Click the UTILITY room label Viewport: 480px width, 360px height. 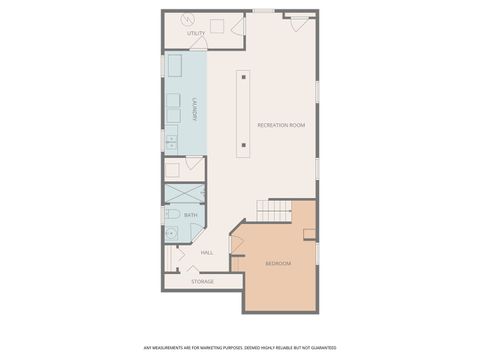(x=196, y=34)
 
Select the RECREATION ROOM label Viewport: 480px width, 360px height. (x=281, y=125)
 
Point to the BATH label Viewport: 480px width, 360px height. (x=190, y=215)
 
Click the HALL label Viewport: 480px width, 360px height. (x=207, y=252)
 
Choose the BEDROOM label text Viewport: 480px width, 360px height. (x=278, y=263)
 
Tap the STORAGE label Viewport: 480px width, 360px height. (x=203, y=281)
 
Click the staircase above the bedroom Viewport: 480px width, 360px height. (x=274, y=211)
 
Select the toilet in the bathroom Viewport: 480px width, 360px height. (x=172, y=215)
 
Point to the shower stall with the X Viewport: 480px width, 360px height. (x=184, y=194)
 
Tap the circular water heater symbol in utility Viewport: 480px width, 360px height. (x=186, y=20)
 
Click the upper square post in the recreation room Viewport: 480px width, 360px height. (x=244, y=75)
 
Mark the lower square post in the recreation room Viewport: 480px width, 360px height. (x=244, y=146)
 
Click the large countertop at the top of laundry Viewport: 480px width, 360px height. (x=174, y=67)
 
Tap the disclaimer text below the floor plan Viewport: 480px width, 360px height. (x=239, y=348)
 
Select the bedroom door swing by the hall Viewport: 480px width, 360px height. (x=238, y=243)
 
